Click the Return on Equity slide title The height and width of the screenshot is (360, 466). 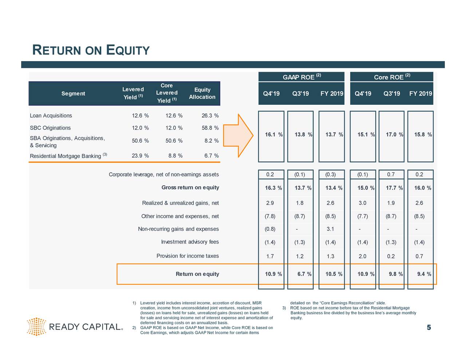[x=91, y=50]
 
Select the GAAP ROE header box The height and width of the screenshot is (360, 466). [x=301, y=77]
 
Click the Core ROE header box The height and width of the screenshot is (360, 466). [x=391, y=77]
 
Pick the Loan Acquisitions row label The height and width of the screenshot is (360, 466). [x=51, y=116]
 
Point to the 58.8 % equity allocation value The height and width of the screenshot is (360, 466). [x=210, y=128]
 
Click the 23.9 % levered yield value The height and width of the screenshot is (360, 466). [x=140, y=156]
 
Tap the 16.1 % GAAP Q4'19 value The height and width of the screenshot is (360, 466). [x=273, y=135]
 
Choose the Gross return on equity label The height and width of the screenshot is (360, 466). [x=190, y=187]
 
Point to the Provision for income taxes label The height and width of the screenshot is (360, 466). [x=187, y=256]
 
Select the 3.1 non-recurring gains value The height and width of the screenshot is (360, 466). [x=330, y=229]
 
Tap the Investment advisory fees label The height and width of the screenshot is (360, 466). [x=190, y=242]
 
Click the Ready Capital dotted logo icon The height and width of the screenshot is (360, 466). [x=36, y=326]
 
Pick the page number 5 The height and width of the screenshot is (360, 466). [x=429, y=328]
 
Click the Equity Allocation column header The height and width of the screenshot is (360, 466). [x=202, y=94]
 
